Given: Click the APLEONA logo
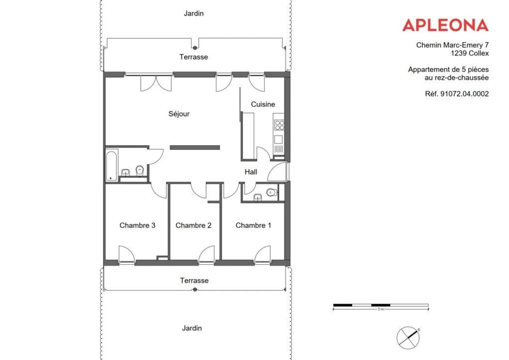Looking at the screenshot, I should point(445,25).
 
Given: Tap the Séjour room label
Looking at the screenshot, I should point(179,114).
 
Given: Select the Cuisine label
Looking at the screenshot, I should point(263,104).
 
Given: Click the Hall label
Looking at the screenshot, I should point(251,172).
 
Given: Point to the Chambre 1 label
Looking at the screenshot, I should point(253,225).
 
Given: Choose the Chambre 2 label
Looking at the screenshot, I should point(193,225).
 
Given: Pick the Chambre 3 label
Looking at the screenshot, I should point(137,225).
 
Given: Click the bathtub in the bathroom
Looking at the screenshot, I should point(111,165).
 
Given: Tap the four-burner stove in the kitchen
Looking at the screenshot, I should point(279,125).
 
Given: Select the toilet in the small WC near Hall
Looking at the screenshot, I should point(271,192).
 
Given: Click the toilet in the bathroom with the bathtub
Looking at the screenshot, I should point(140,170).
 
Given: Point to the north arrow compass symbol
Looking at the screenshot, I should point(408,338).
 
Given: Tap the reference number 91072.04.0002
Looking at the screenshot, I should point(457,94).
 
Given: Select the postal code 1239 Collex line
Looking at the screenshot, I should point(469,53).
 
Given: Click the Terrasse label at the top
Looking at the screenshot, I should point(193,57).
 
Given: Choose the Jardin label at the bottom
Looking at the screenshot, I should point(192,328).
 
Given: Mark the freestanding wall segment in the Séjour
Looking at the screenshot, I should point(195,147).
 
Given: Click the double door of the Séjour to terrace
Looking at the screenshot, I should point(156,83).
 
